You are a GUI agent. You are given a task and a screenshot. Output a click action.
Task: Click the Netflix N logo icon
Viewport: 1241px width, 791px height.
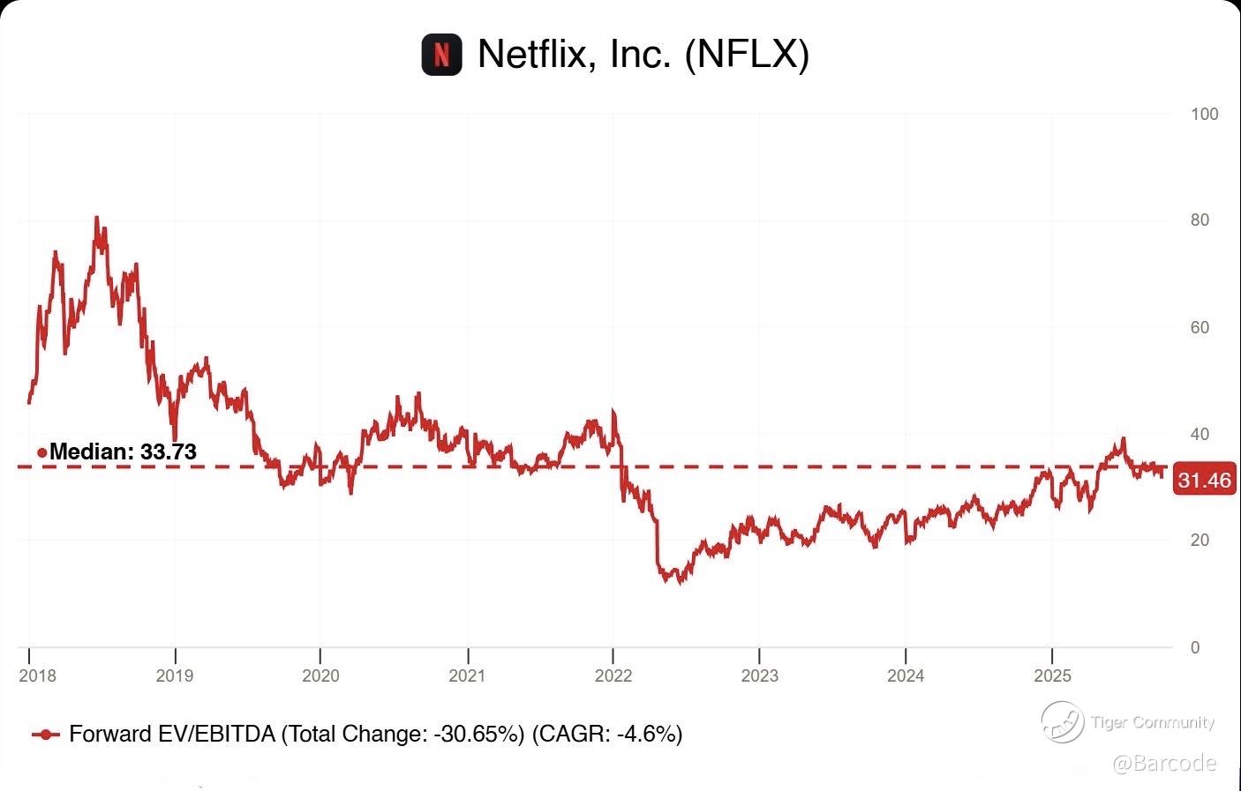click(x=441, y=55)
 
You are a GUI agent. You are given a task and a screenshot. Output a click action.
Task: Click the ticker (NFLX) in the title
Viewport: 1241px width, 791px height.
click(x=747, y=54)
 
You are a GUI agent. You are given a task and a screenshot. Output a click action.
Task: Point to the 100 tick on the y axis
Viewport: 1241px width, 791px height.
click(x=1204, y=114)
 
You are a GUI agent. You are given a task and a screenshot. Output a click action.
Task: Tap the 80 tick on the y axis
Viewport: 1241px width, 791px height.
click(x=1200, y=220)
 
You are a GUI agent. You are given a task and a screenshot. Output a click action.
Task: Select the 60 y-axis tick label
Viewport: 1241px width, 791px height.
click(x=1200, y=327)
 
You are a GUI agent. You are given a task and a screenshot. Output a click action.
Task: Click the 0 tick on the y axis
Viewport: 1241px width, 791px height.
click(x=1195, y=647)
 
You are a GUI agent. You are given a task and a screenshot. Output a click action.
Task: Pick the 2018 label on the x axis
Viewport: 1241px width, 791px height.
click(x=37, y=675)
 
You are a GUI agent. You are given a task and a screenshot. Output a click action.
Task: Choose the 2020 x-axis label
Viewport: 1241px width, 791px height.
click(x=320, y=675)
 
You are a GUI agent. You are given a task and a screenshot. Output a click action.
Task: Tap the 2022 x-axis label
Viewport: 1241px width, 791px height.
click(x=613, y=675)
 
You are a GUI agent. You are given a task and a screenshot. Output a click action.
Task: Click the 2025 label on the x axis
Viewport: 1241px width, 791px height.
click(x=1052, y=675)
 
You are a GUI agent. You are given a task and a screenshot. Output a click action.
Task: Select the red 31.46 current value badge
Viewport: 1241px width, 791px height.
click(x=1205, y=481)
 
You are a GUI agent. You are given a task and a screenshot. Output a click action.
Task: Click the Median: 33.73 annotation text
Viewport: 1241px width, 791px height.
click(x=123, y=451)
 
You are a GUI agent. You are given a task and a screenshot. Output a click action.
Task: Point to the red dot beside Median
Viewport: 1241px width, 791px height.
click(x=41, y=452)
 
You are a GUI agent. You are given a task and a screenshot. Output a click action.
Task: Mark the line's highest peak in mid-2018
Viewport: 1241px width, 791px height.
click(x=96, y=218)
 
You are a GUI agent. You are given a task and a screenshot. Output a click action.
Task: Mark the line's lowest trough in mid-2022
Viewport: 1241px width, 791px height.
click(x=678, y=582)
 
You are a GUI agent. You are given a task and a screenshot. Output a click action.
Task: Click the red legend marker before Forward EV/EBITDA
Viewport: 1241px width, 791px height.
click(x=45, y=735)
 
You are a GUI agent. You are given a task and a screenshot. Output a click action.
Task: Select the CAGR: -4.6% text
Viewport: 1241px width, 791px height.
click(x=607, y=734)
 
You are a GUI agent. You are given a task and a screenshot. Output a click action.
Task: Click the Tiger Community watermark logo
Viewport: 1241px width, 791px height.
click(x=1062, y=722)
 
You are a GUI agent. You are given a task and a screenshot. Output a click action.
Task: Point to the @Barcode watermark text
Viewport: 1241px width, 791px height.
click(x=1164, y=763)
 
